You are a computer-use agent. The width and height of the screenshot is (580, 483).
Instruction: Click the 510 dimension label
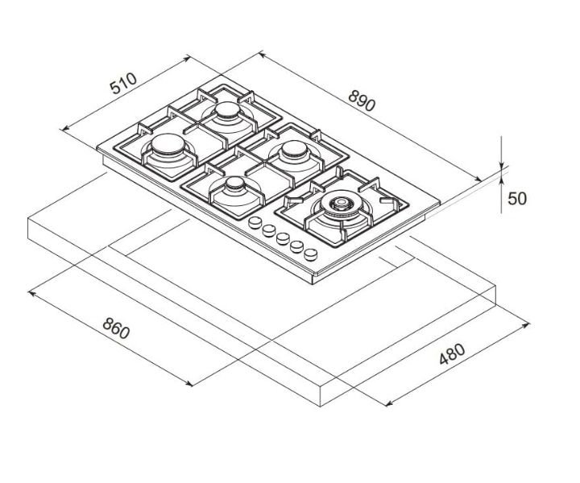tap(123, 84)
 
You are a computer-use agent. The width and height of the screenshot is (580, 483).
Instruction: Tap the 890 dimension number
tap(362, 101)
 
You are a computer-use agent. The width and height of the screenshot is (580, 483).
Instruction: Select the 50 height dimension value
tap(516, 199)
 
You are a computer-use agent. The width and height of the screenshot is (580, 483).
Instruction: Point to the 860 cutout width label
tap(116, 328)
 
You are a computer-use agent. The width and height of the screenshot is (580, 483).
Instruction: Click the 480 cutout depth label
tap(452, 353)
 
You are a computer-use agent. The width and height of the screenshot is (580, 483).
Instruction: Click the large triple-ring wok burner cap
tap(340, 203)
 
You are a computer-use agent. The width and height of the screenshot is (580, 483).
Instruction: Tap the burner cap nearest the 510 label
tap(168, 144)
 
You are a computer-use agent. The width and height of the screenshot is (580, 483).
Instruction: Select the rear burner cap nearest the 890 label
tap(227, 109)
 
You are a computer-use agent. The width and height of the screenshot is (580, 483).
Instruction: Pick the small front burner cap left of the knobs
tap(234, 184)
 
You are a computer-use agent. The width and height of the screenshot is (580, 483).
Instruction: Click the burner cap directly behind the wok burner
tap(295, 149)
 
